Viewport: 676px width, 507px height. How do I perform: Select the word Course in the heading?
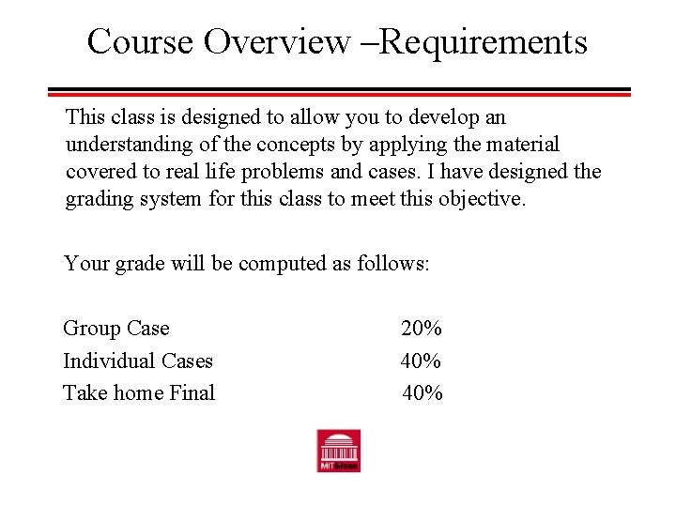140,42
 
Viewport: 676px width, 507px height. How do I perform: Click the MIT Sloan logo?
338,451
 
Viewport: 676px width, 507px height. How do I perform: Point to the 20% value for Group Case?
422,329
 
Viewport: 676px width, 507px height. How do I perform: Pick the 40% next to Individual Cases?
422,361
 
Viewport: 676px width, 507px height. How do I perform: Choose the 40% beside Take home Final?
422,392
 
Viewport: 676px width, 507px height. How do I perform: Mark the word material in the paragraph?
521,146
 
